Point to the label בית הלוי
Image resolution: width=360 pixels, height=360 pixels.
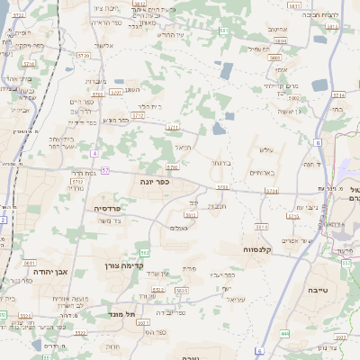click(151, 106)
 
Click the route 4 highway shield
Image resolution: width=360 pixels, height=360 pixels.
click(94, 153)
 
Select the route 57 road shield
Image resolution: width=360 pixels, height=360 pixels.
click(105, 169)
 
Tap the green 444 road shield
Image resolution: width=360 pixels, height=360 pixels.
click(285, 333)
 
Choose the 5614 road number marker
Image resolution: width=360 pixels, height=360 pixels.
click(261, 226)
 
